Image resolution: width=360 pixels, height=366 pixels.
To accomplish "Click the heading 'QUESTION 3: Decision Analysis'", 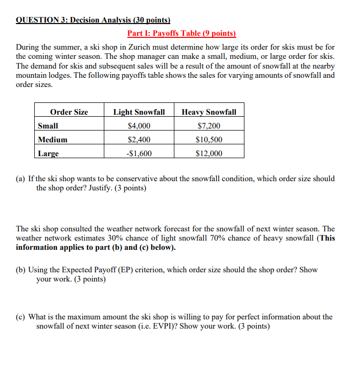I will [x=93, y=21].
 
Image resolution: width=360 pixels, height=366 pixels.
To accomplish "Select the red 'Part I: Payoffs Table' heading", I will [x=182, y=34].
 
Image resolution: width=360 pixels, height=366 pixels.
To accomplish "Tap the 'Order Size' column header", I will [x=69, y=112].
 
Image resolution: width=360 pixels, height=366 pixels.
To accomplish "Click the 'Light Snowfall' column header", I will [x=139, y=112].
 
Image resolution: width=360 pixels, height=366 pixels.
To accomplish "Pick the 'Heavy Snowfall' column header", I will [x=209, y=112].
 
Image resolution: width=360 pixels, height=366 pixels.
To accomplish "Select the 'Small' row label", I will [x=48, y=126].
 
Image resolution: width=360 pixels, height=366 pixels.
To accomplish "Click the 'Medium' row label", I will [x=53, y=140].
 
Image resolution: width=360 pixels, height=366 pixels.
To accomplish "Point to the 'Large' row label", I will [x=49, y=154].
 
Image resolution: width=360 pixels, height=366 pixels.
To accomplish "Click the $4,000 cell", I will [x=139, y=126].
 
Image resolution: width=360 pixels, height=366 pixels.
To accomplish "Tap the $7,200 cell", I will [x=209, y=126].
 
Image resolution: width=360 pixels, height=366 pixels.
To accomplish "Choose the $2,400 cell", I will [x=139, y=140].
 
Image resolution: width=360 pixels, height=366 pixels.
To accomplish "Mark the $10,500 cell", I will [x=209, y=140].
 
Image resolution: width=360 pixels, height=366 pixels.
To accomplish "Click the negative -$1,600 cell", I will [x=139, y=154].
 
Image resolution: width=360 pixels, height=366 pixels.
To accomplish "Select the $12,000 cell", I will [x=209, y=154].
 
